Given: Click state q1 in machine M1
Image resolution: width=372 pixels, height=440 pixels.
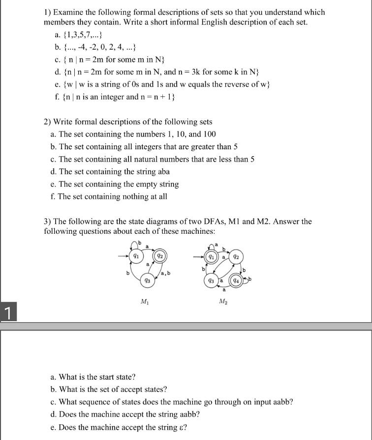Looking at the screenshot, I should click(x=135, y=255).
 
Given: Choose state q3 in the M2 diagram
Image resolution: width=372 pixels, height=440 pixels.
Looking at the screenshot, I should click(x=211, y=281).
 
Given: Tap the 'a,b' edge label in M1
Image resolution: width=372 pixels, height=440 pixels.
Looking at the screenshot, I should click(x=166, y=273).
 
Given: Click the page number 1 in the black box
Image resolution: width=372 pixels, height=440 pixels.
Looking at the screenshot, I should click(x=7, y=313).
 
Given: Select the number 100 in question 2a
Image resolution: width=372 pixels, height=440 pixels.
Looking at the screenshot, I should click(x=209, y=134).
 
